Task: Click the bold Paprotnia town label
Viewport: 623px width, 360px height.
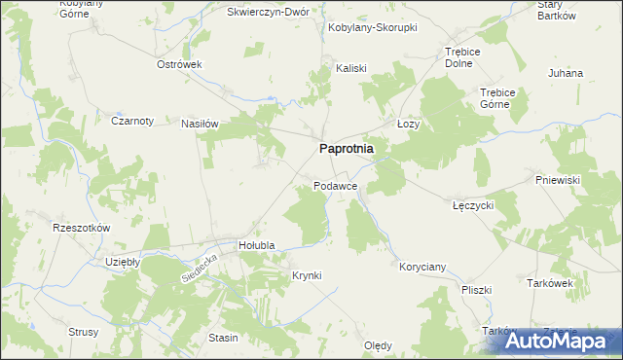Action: tap(347, 150)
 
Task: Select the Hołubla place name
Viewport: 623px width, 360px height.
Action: tap(258, 246)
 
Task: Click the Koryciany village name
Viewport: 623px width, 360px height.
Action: tap(422, 266)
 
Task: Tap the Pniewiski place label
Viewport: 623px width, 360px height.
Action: tap(558, 180)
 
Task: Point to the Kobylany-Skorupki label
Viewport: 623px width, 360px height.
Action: tap(372, 27)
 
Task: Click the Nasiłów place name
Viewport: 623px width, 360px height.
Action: tap(201, 124)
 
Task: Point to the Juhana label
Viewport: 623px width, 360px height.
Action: tap(566, 73)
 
